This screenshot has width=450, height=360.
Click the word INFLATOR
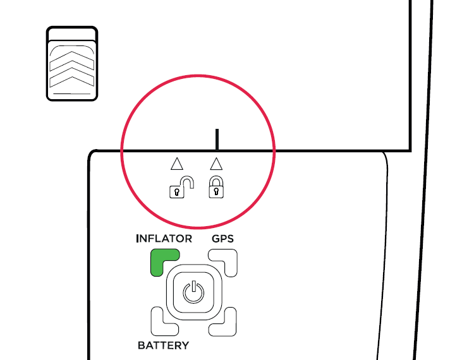tap(164, 239)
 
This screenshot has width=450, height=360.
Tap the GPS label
tap(222, 239)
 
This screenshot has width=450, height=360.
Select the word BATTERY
tap(163, 345)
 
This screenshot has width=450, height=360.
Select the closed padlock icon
tap(216, 187)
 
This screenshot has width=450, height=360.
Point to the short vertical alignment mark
tap(217, 139)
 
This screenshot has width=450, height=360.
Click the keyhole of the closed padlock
tap(216, 191)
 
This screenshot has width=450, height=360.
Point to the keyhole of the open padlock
tap(177, 191)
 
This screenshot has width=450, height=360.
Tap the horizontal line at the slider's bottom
tap(72, 94)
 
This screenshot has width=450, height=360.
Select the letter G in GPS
tap(216, 239)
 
